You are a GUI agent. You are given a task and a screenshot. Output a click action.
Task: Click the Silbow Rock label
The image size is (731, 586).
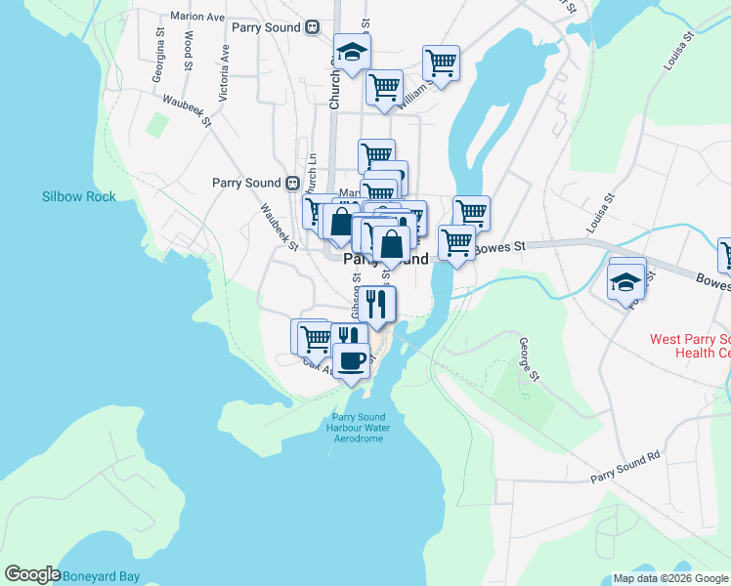78,196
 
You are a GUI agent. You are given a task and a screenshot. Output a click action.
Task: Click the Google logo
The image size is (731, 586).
32,575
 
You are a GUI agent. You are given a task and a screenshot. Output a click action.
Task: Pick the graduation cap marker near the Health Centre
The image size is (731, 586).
625,282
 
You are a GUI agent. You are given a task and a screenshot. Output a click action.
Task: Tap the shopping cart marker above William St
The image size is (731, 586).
442,63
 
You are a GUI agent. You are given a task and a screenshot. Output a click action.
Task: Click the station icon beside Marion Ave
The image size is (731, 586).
313,27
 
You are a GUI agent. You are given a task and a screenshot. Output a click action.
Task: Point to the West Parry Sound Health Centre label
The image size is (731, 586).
690,346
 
